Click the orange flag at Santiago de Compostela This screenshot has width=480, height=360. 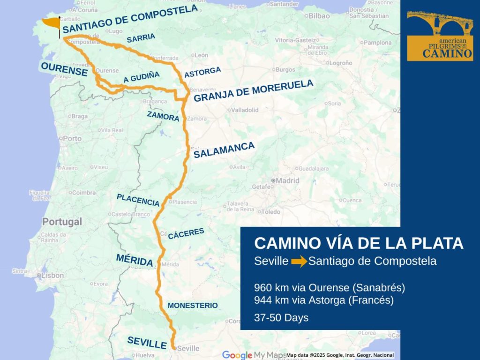(51, 23)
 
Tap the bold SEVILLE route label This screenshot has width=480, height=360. (147, 343)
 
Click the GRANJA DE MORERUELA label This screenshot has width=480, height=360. (253, 91)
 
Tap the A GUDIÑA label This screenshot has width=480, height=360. (142, 77)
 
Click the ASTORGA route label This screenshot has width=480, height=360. (202, 72)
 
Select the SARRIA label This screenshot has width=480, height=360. (141, 38)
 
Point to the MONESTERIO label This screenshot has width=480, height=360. (193, 305)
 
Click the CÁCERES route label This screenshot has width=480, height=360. (186, 233)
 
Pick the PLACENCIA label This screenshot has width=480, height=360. (138, 200)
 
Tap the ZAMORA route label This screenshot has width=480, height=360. (163, 116)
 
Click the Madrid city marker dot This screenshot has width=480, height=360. (273, 180)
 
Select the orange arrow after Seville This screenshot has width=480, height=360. (299, 262)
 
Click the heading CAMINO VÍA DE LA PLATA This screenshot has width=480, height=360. (359, 243)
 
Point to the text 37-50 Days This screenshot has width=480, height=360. (281, 317)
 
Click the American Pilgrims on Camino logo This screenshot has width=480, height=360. (440, 36)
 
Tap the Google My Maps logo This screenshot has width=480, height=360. (253, 355)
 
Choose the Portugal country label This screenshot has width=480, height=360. (62, 221)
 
